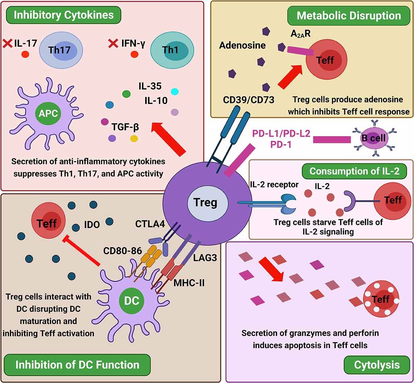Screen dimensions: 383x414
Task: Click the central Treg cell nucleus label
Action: tap(206, 202)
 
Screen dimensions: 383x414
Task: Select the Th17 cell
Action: tap(60, 50)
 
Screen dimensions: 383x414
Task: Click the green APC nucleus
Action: tap(48, 113)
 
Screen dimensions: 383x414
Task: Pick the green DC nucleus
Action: tap(131, 300)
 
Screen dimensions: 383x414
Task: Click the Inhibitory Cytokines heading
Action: tap(63, 15)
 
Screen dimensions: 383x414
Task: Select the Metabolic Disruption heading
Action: tap(348, 16)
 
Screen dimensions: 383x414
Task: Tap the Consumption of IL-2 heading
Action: tap(354, 171)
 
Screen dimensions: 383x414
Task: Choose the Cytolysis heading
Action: tap(377, 365)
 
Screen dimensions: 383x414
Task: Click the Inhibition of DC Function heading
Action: tap(77, 365)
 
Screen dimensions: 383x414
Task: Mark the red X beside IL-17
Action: tap(7, 44)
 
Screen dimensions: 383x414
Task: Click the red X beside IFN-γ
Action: tap(112, 44)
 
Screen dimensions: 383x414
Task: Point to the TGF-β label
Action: tap(125, 127)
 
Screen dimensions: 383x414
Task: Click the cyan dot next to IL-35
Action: tap(175, 92)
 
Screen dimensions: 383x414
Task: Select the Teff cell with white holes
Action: tap(381, 299)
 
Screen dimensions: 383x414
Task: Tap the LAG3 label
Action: tap(205, 257)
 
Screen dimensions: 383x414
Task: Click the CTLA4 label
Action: tap(150, 225)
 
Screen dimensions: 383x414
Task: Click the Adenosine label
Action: tap(243, 45)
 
